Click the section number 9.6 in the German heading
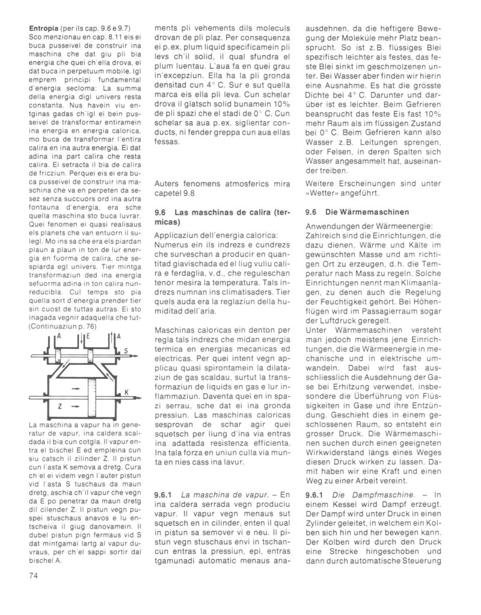(311, 212)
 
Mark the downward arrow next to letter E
(81, 339)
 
